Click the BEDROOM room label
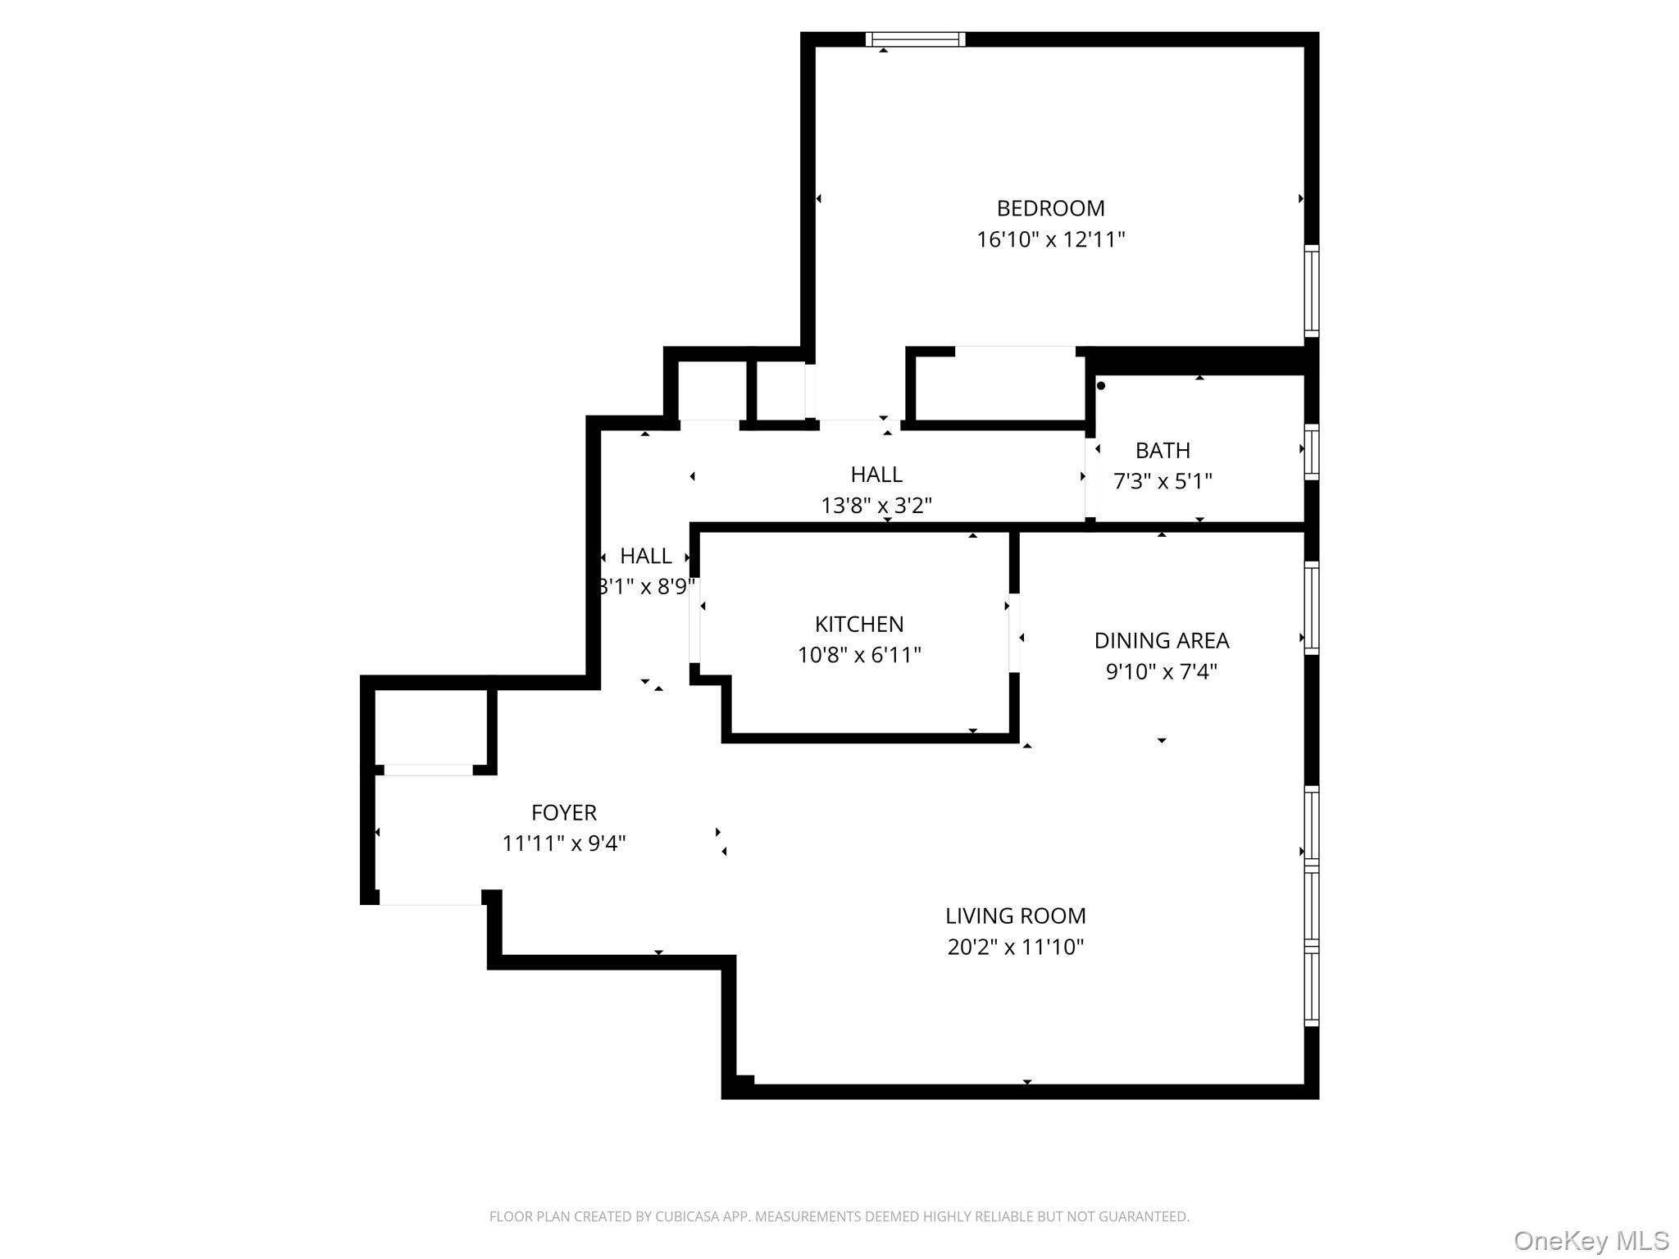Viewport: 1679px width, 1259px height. (1050, 208)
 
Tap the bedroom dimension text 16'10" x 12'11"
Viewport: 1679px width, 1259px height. (1050, 239)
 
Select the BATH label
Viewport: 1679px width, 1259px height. (1163, 450)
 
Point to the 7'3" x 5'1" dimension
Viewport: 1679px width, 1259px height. (1163, 480)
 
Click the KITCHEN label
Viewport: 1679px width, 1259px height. (859, 624)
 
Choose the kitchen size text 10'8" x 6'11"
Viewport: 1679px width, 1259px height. (859, 655)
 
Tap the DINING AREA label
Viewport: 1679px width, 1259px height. (1161, 640)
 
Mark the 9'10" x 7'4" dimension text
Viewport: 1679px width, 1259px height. (1161, 671)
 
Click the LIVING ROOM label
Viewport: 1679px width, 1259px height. (1015, 916)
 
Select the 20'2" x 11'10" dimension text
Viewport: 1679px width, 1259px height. (1015, 947)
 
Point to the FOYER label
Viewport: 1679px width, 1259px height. (563, 812)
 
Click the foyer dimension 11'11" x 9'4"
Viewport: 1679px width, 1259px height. (563, 843)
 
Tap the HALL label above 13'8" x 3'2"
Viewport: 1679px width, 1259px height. (876, 474)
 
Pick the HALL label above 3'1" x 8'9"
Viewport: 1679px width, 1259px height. (645, 556)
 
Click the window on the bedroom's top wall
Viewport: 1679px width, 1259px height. (915, 39)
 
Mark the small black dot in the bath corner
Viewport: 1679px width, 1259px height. (1101, 385)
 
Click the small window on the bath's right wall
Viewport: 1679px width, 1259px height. (1311, 452)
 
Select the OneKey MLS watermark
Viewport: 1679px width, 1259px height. (1590, 1241)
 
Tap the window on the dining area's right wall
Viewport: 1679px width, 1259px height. (1311, 607)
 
